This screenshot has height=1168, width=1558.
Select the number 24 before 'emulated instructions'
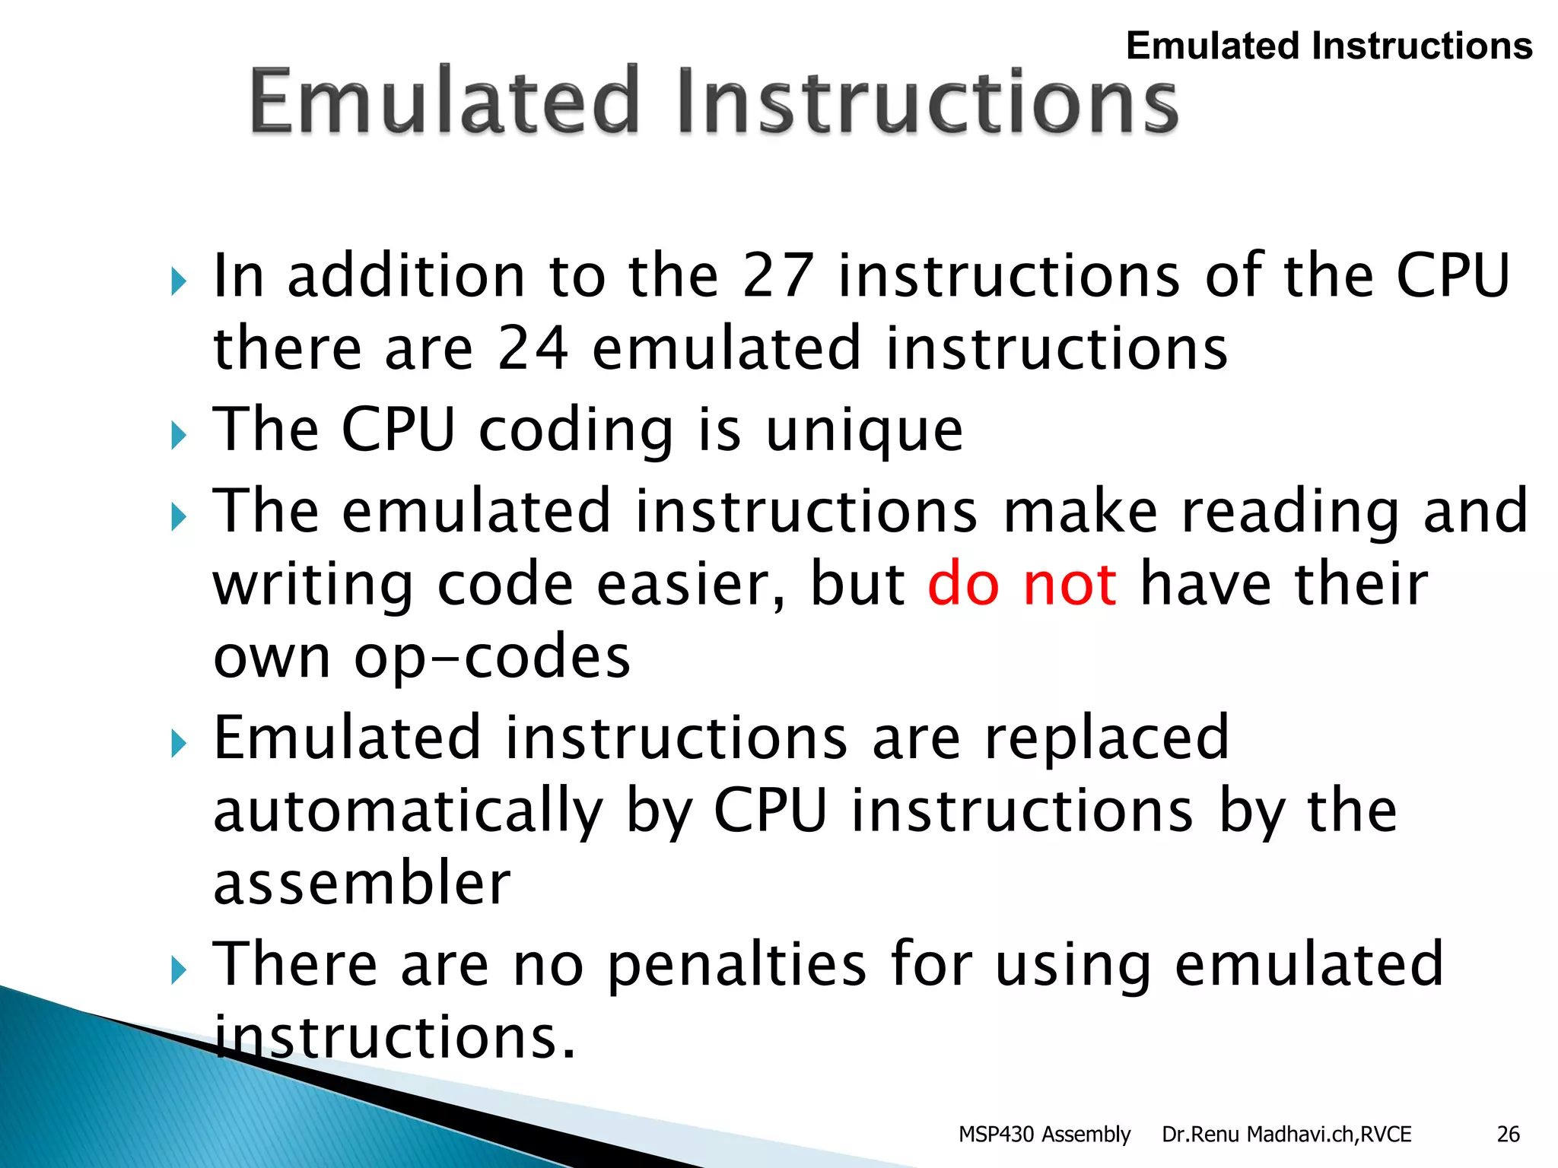(x=533, y=348)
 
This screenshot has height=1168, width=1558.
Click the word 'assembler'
(x=362, y=884)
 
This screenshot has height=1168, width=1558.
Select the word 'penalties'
(x=737, y=964)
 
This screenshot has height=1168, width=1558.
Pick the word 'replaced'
(x=1107, y=738)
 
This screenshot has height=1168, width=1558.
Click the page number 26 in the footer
(x=1508, y=1135)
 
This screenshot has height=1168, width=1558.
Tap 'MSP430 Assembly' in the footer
(x=1044, y=1135)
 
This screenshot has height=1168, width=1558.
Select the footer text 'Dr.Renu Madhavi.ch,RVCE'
(x=1286, y=1135)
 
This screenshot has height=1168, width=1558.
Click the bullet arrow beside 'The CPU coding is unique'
(x=179, y=436)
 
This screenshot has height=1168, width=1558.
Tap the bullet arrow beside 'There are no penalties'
(x=179, y=970)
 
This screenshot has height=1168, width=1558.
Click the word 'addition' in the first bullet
(x=406, y=275)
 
